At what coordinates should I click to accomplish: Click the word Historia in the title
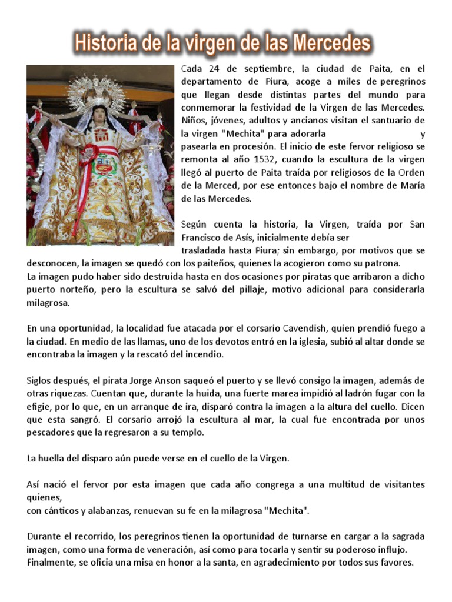pos(105,43)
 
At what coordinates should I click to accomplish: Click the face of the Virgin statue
pos(99,119)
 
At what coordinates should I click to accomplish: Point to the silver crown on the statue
pos(98,93)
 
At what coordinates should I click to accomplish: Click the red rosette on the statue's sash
pos(88,156)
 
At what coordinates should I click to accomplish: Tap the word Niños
pos(194,121)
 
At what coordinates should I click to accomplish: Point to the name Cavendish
pos(308,328)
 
